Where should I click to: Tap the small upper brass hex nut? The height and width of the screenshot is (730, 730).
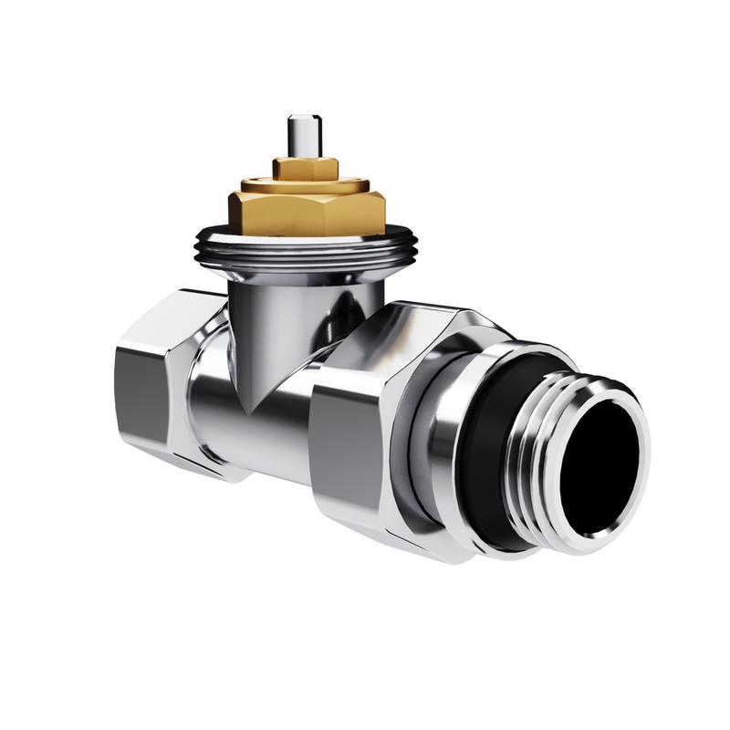point(305,168)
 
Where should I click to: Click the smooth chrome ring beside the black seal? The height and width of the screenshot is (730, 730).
point(443,438)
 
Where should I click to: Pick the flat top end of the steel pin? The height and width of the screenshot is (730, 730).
point(300,119)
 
